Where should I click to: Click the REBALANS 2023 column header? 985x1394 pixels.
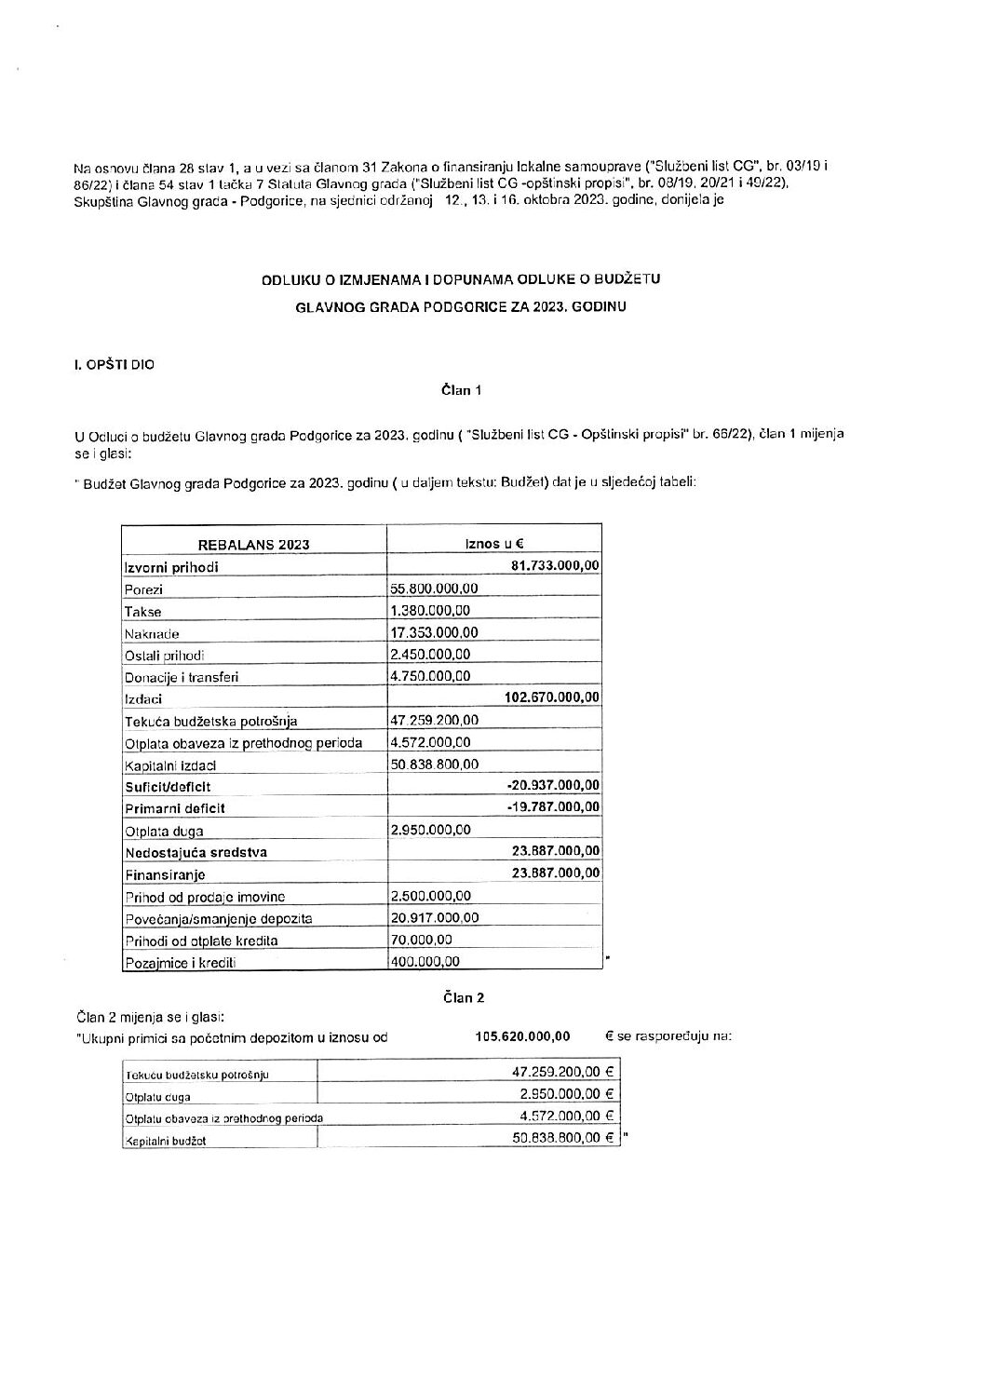253,545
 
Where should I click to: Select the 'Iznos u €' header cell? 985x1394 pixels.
494,544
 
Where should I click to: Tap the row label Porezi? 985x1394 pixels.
142,589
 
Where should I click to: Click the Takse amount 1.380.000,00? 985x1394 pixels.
430,611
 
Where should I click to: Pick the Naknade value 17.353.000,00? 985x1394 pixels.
434,632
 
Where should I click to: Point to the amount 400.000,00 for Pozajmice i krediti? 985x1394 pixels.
425,962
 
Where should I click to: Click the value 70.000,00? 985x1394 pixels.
421,941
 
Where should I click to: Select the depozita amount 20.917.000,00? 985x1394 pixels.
434,918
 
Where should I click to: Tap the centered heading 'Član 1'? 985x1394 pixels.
461,391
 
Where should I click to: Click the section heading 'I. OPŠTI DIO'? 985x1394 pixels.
115,365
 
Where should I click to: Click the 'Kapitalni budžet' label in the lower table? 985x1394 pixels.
165,1140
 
